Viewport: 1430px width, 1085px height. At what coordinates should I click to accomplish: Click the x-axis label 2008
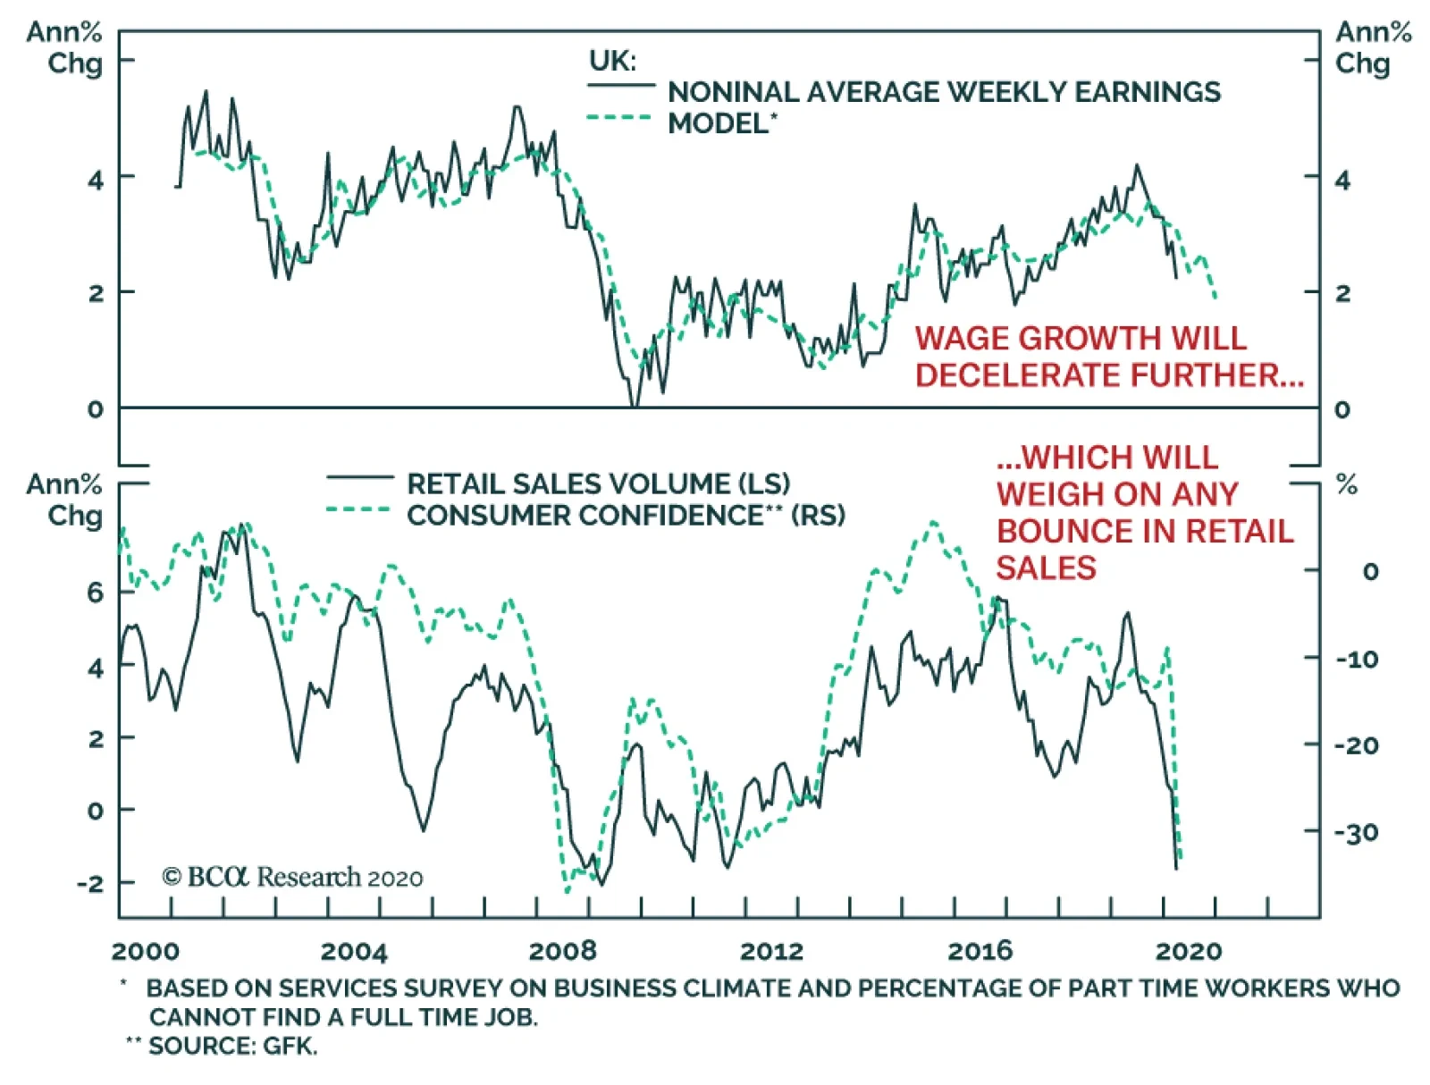tap(562, 950)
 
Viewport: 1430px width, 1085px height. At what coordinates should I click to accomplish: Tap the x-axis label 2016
tap(980, 950)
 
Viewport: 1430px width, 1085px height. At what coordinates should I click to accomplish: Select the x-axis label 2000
tap(145, 950)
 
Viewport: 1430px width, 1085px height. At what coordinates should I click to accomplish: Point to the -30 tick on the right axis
tap(1356, 833)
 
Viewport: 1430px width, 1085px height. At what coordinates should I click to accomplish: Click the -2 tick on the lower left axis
tap(89, 883)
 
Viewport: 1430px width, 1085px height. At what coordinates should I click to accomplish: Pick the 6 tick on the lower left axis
tap(95, 592)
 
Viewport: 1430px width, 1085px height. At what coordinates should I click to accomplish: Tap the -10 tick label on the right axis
tap(1356, 660)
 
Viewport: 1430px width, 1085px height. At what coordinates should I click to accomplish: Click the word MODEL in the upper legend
tap(718, 123)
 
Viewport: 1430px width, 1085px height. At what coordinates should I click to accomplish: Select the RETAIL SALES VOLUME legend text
tap(598, 484)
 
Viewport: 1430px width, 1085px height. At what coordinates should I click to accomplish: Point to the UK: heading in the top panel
tap(612, 61)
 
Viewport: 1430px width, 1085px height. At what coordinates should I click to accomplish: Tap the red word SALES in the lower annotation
tap(1046, 568)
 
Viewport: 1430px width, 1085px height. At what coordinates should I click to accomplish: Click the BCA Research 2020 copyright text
tap(292, 877)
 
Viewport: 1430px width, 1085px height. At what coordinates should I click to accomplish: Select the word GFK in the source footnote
tap(290, 1046)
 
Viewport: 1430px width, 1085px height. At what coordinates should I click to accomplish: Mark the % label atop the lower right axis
tap(1346, 485)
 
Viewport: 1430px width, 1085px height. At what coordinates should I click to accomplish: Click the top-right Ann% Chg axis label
tap(1372, 47)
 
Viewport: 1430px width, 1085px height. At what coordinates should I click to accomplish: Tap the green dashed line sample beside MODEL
tap(619, 118)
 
